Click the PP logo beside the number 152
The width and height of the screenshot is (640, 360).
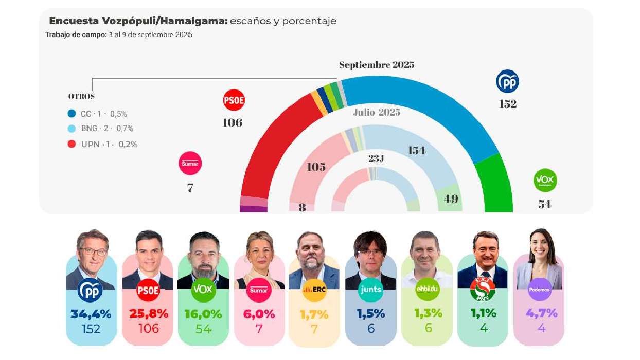pos(507,81)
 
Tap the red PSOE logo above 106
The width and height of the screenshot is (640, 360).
pos(234,100)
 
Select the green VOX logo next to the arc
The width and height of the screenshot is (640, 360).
pos(545,180)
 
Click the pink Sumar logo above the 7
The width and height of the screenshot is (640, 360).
pos(190,163)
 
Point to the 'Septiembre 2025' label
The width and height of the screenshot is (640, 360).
pos(377,65)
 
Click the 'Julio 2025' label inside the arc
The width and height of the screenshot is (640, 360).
pos(377,113)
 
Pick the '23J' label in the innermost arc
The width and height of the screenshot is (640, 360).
pos(376,159)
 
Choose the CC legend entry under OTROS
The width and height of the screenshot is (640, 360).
pos(98,114)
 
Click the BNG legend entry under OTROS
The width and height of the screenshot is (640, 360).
pos(101,129)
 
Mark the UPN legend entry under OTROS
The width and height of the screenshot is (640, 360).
pos(103,144)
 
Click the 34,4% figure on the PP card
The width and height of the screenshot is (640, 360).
pos(91,314)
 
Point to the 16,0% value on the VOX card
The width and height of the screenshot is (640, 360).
pos(203,314)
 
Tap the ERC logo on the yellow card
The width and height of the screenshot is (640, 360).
pos(314,290)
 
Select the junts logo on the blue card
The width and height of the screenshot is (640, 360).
pos(370,290)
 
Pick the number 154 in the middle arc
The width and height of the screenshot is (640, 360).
pos(417,151)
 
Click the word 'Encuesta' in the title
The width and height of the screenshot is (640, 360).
pos(74,21)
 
